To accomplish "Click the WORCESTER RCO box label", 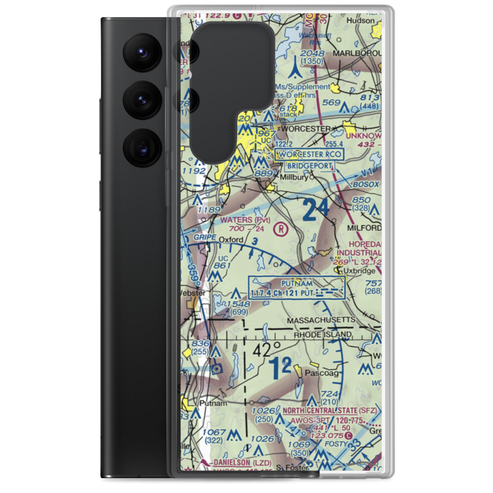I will tap(309, 155).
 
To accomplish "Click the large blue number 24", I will tap(316, 211).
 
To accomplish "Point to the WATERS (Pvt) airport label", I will tap(246, 219).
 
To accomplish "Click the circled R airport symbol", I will tap(281, 228).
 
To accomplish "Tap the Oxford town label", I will tap(231, 240).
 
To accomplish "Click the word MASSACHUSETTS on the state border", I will tap(321, 320).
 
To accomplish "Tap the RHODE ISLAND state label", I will tap(322, 334).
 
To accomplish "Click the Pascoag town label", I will tap(322, 373).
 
